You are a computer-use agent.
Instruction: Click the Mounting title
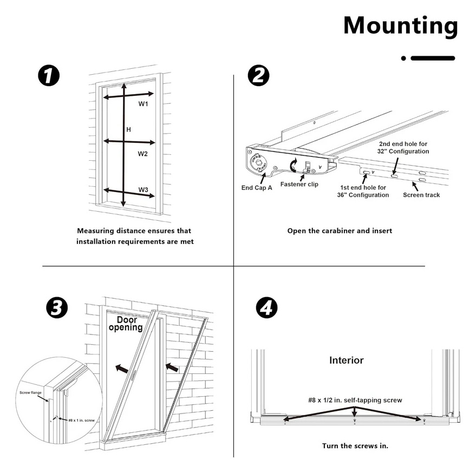tap(400, 25)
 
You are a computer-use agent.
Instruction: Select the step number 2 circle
tap(259, 75)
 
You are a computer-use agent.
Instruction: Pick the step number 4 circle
tap(266, 308)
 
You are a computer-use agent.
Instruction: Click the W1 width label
tap(143, 103)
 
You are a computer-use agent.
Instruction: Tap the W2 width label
tap(142, 154)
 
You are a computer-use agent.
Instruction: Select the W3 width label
tap(143, 189)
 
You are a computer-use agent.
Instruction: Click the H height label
tap(128, 129)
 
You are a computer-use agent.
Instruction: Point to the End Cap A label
tap(257, 188)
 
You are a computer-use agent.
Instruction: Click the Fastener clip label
tap(299, 185)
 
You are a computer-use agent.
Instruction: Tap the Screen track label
tap(421, 195)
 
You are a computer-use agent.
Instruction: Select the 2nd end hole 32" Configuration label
tap(403, 148)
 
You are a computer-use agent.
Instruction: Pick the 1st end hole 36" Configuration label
tap(363, 191)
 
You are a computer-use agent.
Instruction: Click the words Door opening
tap(126, 324)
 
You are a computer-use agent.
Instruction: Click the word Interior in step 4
tap(347, 360)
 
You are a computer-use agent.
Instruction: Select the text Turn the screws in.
tap(355, 446)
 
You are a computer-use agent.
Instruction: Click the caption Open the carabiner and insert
tap(340, 231)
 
